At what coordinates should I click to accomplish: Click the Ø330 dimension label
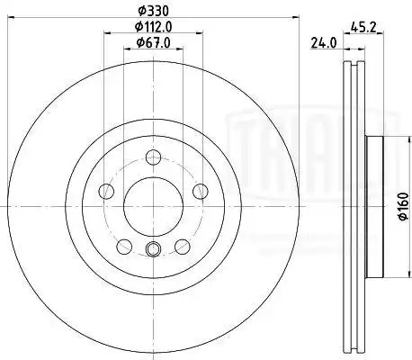[153, 11]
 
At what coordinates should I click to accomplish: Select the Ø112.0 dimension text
[153, 27]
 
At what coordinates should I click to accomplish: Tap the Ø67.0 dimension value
[153, 43]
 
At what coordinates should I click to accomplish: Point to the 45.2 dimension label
[363, 28]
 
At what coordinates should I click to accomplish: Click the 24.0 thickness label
[324, 43]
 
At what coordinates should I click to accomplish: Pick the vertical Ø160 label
[404, 206]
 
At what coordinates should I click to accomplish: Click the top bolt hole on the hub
[153, 157]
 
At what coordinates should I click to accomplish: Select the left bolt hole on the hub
[106, 191]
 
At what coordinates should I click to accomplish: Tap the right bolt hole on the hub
[200, 191]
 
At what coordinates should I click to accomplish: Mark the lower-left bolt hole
[124, 247]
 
